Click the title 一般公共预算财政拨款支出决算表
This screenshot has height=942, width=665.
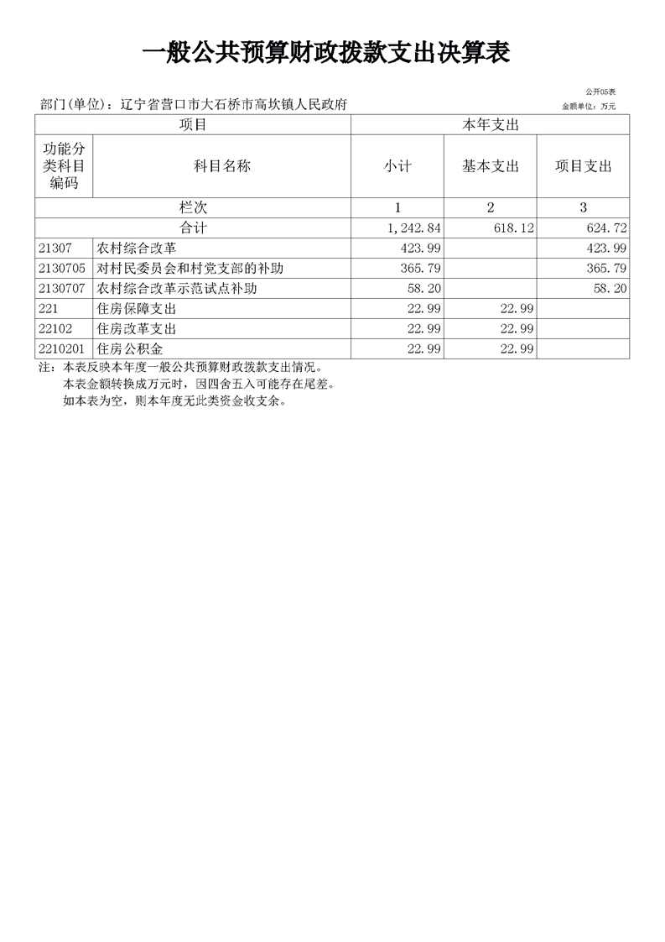[x=327, y=54]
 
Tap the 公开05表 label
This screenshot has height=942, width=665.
[x=600, y=92]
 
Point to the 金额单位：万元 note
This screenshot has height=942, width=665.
[x=589, y=107]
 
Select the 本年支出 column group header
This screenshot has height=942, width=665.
[x=490, y=125]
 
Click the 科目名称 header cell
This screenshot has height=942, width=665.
[x=222, y=166]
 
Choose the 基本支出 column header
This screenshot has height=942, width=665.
[x=490, y=166]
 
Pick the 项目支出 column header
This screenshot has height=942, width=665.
[x=583, y=166]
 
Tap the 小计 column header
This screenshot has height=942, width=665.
[x=397, y=166]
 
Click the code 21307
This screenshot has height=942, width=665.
[x=55, y=249]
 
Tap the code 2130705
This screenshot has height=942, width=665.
[x=62, y=269]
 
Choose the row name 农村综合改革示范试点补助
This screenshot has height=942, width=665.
[x=177, y=289]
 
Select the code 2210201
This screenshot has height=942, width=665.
[x=62, y=349]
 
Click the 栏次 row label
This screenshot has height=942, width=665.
[x=193, y=207]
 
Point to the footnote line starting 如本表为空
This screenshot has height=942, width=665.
[x=174, y=401]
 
